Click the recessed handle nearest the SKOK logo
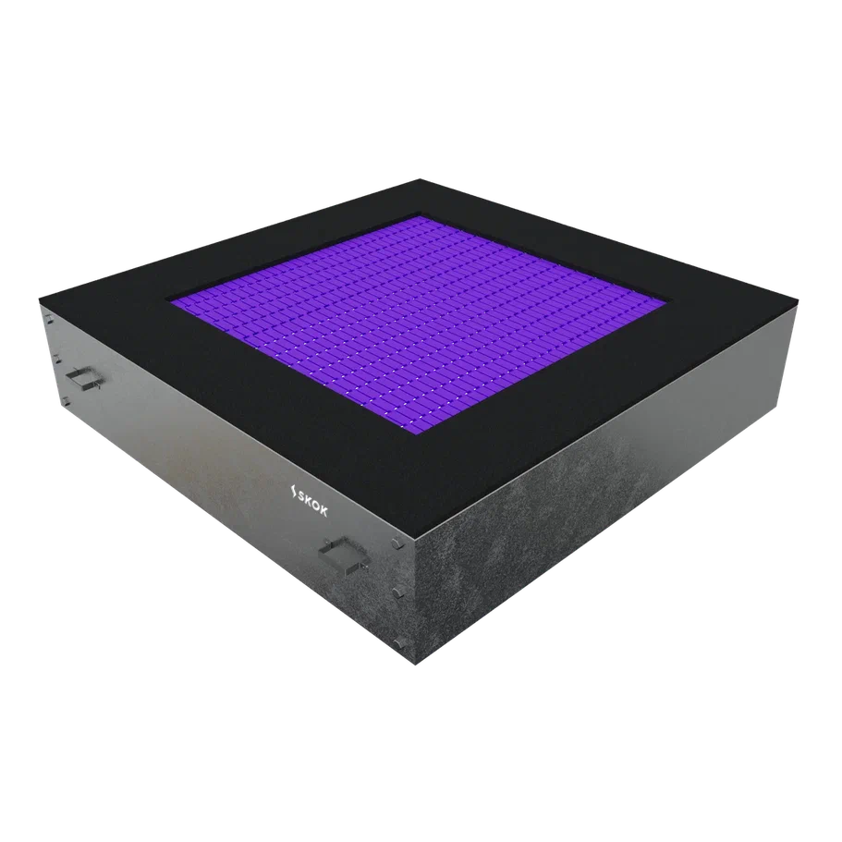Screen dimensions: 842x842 pos(344,553)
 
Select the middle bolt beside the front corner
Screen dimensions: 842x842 pos(397,593)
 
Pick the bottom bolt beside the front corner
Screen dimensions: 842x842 pos(398,642)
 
